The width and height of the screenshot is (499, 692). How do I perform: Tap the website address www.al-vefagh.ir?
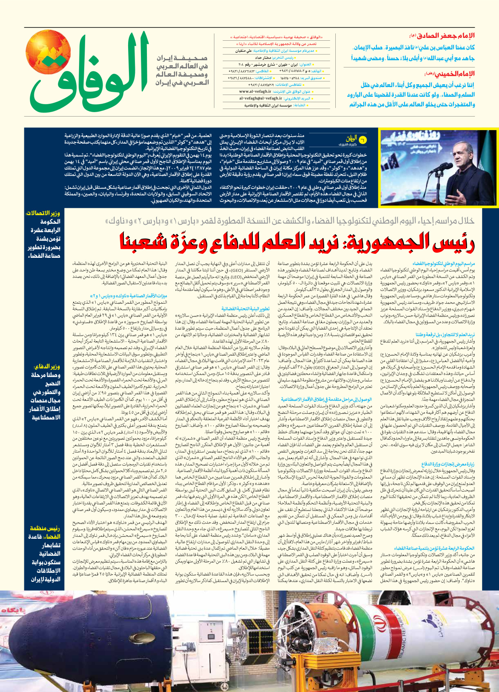coord(255,92)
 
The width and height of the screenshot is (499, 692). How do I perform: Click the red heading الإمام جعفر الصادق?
coord(444,36)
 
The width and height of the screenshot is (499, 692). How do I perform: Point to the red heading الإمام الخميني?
coord(451,74)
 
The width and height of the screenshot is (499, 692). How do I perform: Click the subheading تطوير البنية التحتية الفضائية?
coord(246,309)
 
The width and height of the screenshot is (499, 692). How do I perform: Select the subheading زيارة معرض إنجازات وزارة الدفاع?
coord(448,464)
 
